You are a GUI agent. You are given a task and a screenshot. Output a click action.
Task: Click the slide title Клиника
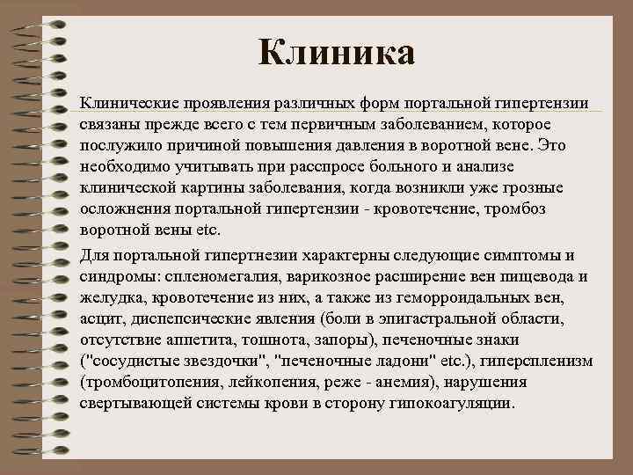click(x=337, y=53)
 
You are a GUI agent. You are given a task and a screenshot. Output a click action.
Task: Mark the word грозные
click(x=513, y=187)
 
